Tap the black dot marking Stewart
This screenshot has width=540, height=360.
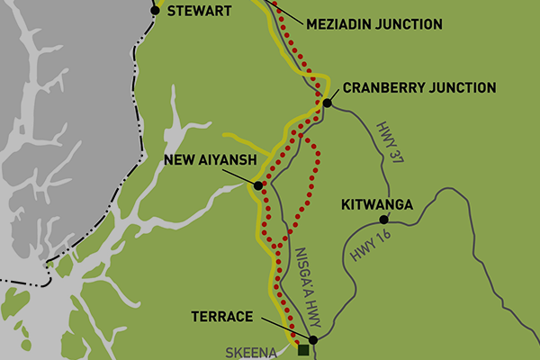(x=156, y=11)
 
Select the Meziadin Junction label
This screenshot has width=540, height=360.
(x=374, y=24)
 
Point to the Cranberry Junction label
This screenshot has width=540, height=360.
(x=419, y=87)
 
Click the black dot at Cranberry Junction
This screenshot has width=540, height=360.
(x=328, y=103)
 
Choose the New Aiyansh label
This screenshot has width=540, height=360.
(x=212, y=162)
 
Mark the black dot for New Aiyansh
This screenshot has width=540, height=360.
(x=258, y=185)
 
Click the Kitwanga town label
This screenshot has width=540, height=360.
(x=377, y=204)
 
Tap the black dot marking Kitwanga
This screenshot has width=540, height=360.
(x=383, y=220)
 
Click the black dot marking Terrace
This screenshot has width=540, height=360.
(x=312, y=340)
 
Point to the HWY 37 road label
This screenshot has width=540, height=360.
(x=388, y=141)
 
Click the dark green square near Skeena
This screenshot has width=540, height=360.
(x=304, y=350)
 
